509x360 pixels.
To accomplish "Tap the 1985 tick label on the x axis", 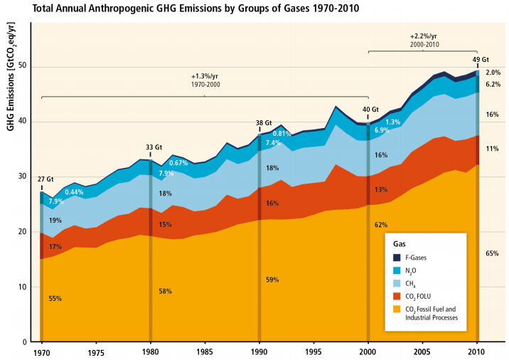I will click(x=204, y=351).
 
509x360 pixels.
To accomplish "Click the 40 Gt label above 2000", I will click(x=370, y=110).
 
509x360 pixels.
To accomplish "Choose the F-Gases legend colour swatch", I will click(x=394, y=257).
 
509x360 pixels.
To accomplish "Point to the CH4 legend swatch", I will click(x=394, y=282).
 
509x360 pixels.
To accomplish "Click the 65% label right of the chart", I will click(x=492, y=253).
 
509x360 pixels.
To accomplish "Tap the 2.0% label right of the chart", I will click(x=493, y=73).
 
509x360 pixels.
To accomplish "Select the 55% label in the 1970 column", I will click(x=54, y=299).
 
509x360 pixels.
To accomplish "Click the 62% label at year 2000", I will click(x=381, y=225).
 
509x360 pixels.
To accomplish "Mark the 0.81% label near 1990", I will click(x=282, y=134).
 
